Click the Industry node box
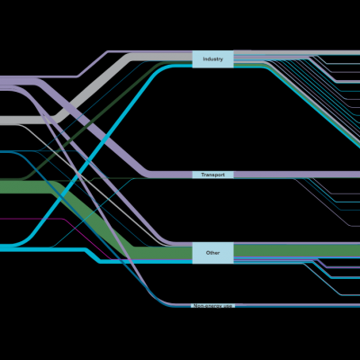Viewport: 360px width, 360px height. pos(212,59)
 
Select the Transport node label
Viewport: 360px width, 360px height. pos(212,175)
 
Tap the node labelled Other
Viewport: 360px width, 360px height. pos(212,253)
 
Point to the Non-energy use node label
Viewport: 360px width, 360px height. pos(212,306)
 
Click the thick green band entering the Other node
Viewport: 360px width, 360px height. pos(90,216)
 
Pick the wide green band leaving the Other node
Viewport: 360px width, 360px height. pos(297,251)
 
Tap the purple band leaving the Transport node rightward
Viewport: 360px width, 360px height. pos(297,175)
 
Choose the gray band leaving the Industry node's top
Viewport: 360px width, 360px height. pos(297,52)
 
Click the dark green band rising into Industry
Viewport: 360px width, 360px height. pos(90,120)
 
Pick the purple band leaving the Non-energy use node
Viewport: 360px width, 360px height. pos(297,305)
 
